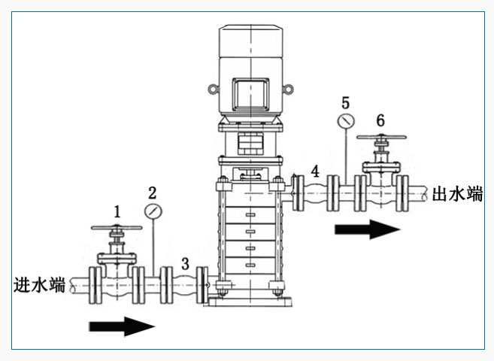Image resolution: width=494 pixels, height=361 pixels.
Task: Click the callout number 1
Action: [x=117, y=211]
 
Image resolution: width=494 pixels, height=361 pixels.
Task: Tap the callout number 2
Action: [x=153, y=192]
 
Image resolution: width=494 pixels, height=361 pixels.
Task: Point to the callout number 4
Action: [x=315, y=171]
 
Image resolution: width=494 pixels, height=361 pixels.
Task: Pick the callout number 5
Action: [x=345, y=102]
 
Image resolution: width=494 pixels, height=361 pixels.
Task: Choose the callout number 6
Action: [x=380, y=120]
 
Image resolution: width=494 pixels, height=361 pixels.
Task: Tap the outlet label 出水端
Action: [x=457, y=194]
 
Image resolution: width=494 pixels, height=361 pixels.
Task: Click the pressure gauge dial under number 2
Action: [x=153, y=211]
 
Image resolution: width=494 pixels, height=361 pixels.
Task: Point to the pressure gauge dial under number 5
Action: [x=345, y=121]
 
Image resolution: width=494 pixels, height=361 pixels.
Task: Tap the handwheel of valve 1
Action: [x=116, y=229]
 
